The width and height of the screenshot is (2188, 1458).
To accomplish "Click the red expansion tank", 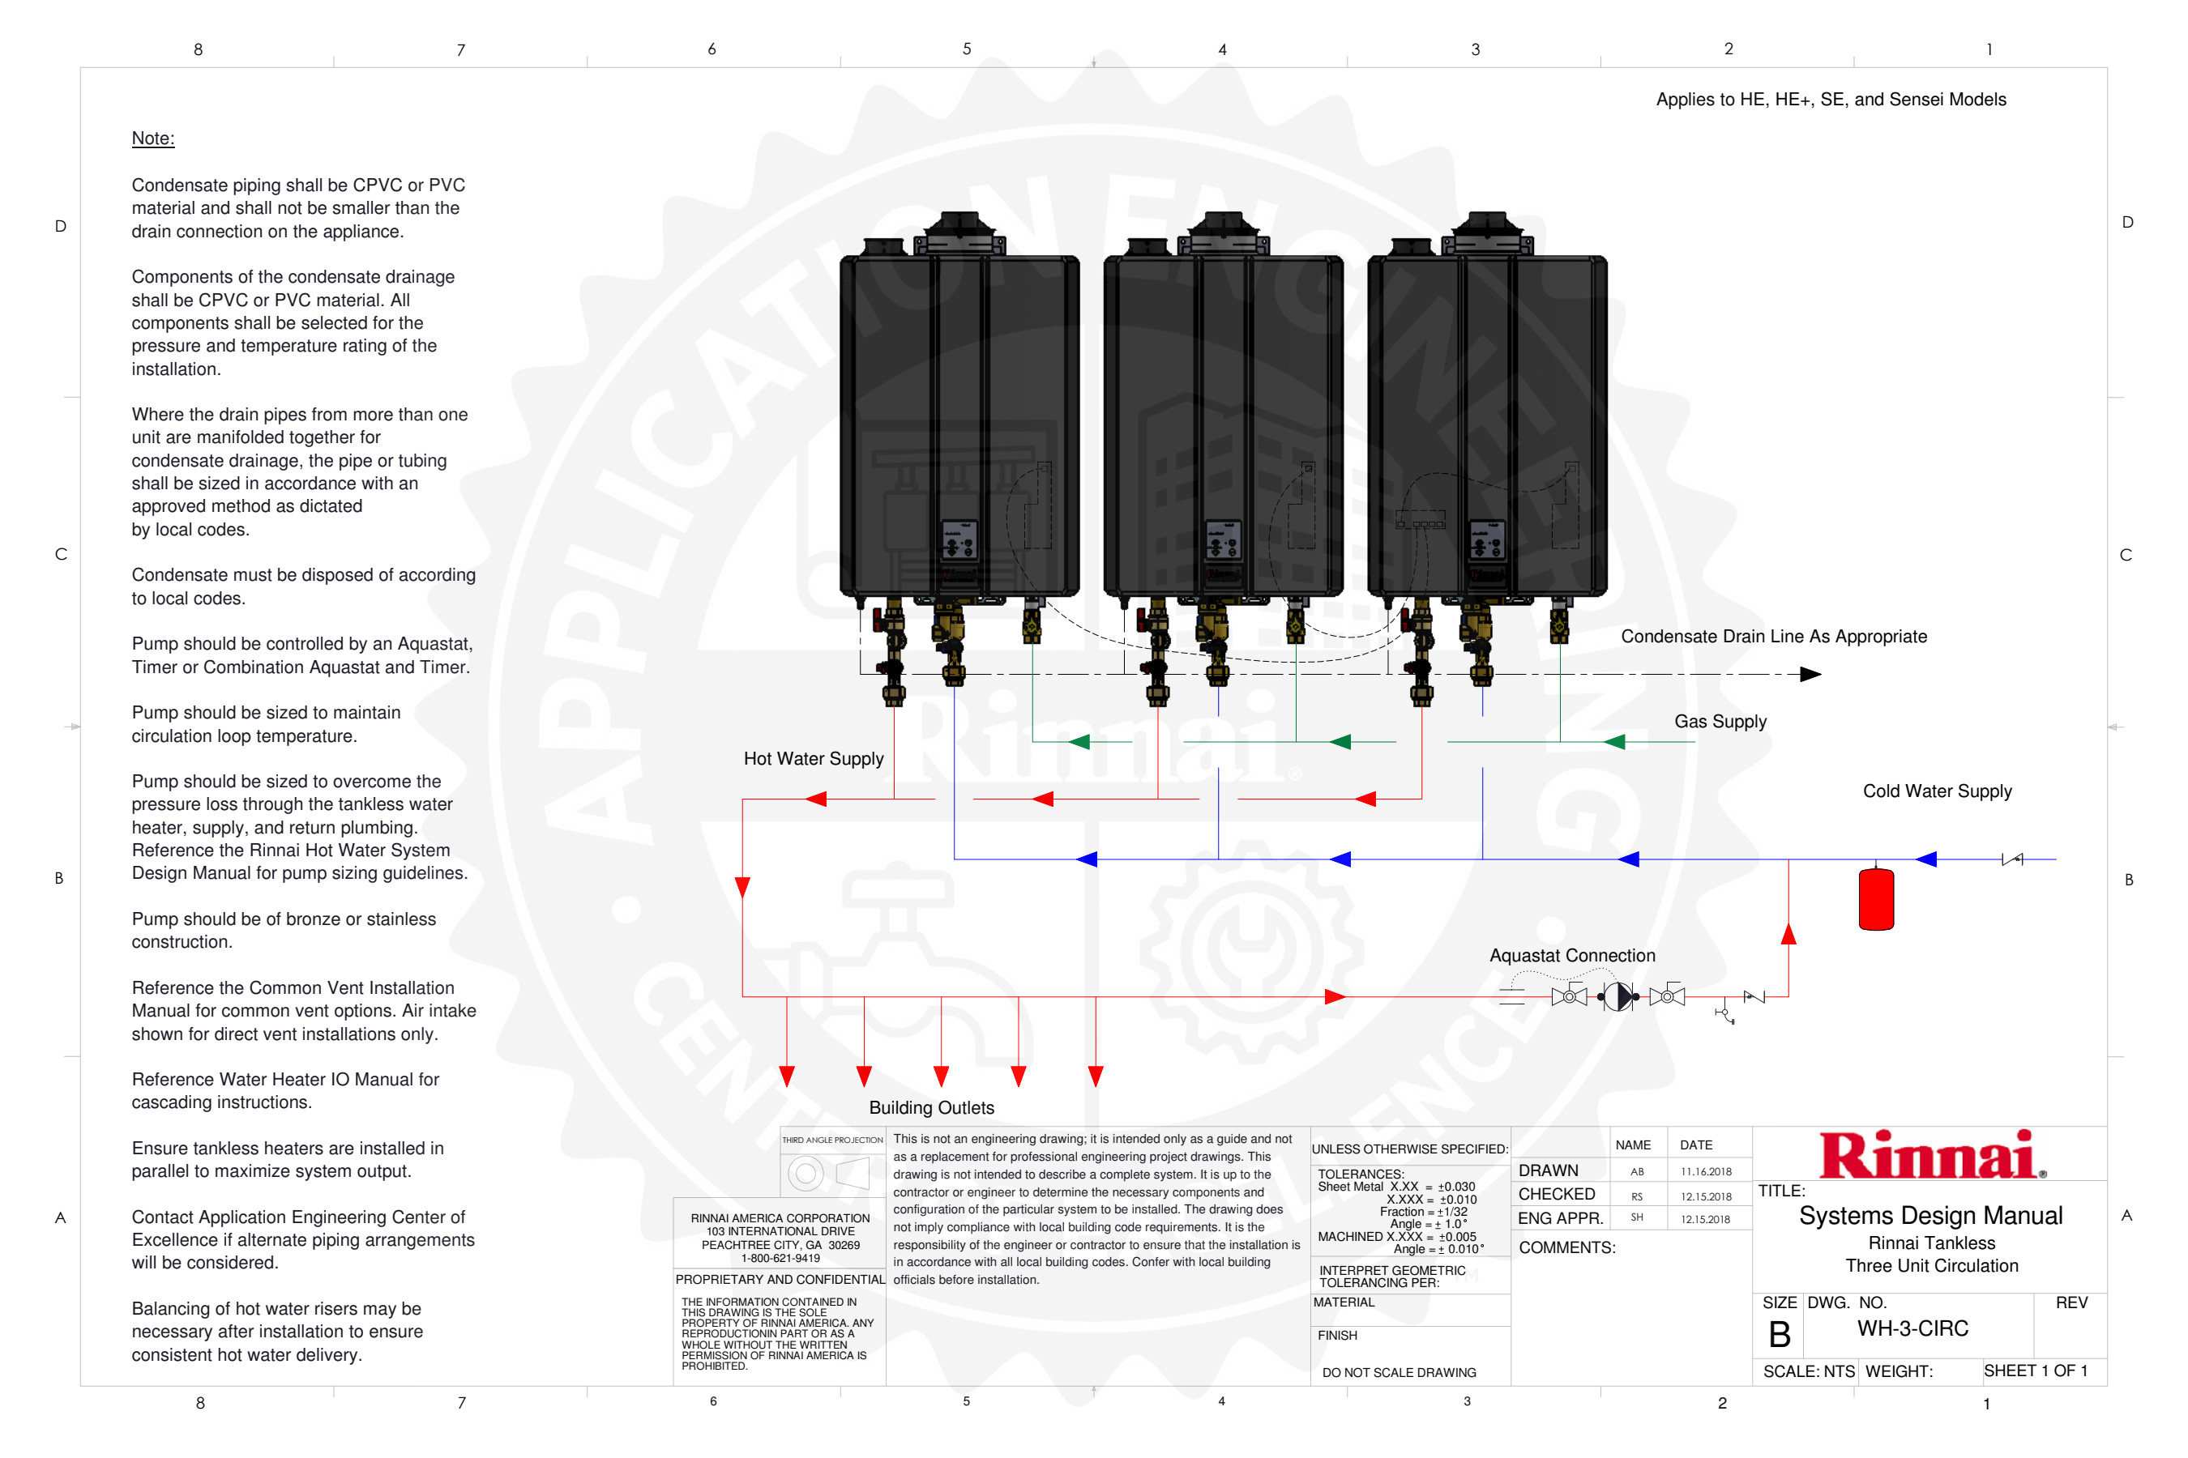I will point(1875,898).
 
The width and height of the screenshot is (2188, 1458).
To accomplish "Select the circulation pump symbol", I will point(1617,997).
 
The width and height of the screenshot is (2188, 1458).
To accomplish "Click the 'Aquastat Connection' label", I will point(1572,956).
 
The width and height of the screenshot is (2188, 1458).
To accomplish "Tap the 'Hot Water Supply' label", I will point(813,759).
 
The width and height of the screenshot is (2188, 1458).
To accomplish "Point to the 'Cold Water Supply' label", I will point(1937,791).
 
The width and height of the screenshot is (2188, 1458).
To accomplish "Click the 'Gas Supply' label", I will point(1720,722).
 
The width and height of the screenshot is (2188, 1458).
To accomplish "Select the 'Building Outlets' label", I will point(931,1107).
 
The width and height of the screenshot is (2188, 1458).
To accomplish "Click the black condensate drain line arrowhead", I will point(1810,674).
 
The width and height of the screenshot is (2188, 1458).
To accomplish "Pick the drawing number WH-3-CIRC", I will point(1912,1328).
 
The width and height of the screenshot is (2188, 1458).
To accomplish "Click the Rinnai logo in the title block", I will point(1930,1156).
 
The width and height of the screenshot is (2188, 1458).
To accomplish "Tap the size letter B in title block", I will point(1779,1335).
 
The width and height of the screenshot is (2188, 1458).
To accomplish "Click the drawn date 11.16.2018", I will point(1706,1171).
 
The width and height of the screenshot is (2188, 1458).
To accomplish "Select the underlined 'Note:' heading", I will point(152,139).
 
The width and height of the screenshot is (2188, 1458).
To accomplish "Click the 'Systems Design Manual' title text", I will point(1930,1217).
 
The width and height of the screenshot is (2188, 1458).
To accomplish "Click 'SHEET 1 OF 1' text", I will point(2036,1371).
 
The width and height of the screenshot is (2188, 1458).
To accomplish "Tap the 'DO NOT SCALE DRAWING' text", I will point(1400,1372).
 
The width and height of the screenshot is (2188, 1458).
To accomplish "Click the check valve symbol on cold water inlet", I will point(2012,859).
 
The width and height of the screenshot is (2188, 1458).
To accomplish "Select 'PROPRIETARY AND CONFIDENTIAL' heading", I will point(780,1280).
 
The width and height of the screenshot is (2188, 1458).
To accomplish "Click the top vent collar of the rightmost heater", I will point(1486,225).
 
